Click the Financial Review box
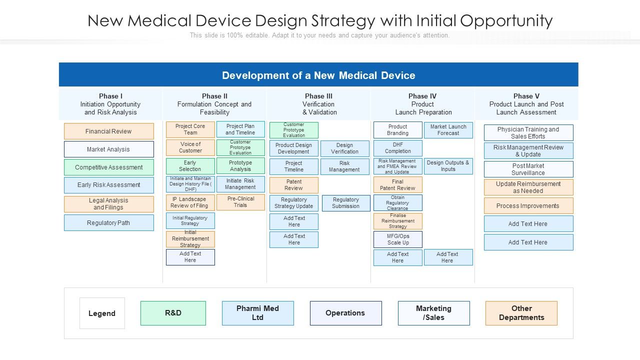(x=109, y=131)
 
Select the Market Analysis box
(x=109, y=149)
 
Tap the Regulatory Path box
(x=109, y=223)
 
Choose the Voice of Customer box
(x=190, y=147)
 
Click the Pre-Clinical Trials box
(x=240, y=202)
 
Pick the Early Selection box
(x=190, y=166)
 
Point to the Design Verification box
(x=345, y=148)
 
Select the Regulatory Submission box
(x=346, y=203)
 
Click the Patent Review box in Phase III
(x=293, y=185)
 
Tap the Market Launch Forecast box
(x=448, y=130)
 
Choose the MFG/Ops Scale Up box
(x=397, y=239)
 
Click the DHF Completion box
(x=397, y=148)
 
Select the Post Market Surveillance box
(x=528, y=169)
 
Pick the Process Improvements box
(x=528, y=205)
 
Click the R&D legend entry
(x=173, y=313)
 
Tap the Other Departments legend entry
(x=521, y=313)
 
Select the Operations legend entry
(x=345, y=313)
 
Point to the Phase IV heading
(x=422, y=96)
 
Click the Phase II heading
(x=214, y=96)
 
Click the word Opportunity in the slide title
(x=506, y=21)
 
